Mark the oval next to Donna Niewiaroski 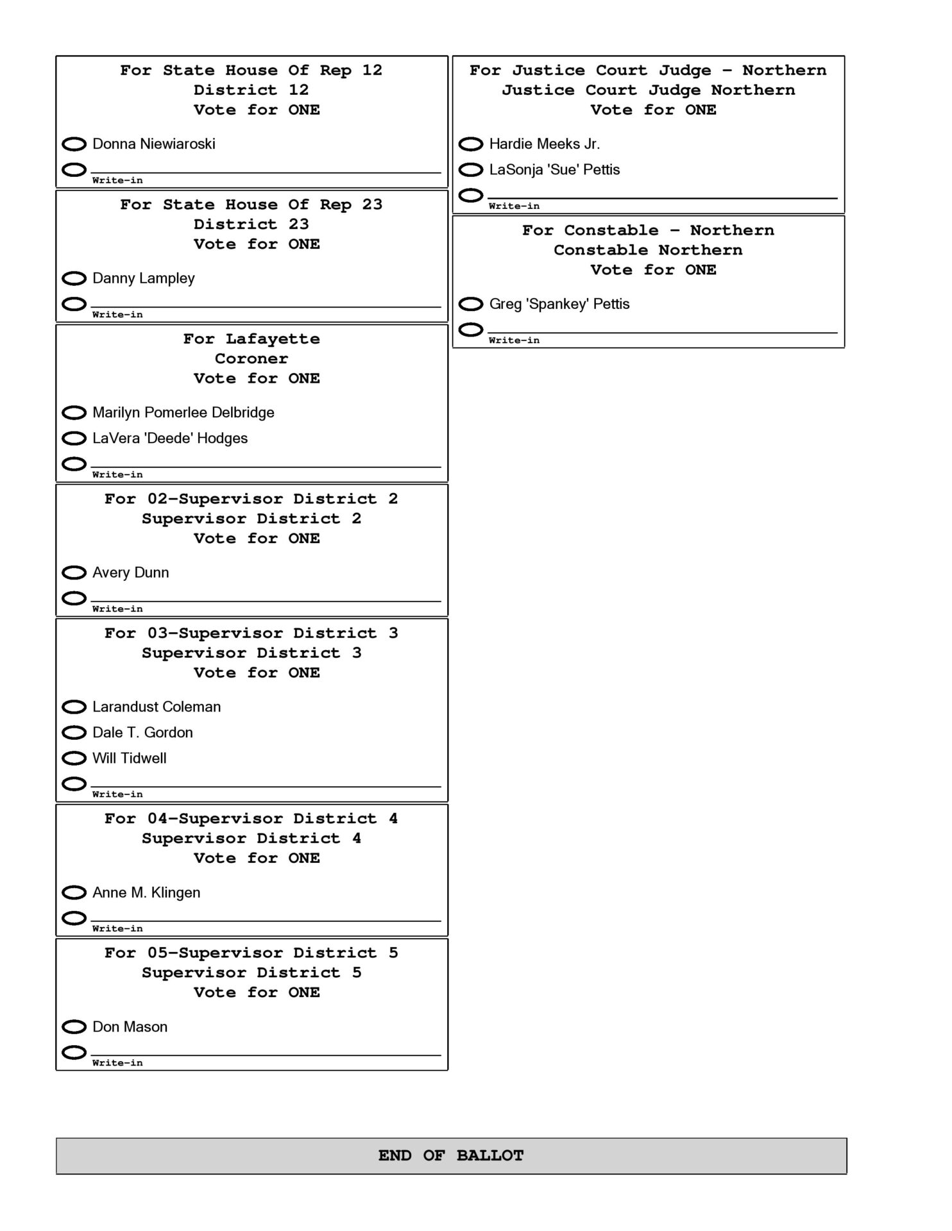pos(74,144)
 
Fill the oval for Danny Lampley pos(74,278)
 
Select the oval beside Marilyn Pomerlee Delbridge pos(74,412)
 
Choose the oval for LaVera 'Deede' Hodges pos(74,439)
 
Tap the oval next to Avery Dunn pos(74,573)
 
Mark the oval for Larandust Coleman pos(74,707)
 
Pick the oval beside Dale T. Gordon pos(74,732)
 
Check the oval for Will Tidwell pos(74,758)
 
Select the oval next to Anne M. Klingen pos(74,892)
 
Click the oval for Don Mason pos(74,1026)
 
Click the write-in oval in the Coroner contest pos(74,464)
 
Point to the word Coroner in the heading pos(251,358)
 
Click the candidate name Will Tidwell pos(129,758)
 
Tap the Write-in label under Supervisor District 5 pos(117,1063)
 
